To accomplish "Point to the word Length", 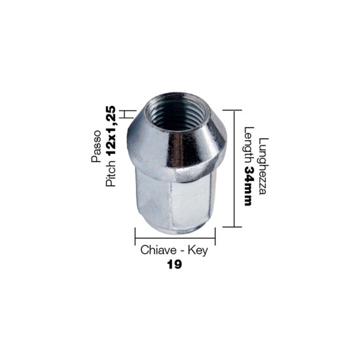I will tap(248, 145).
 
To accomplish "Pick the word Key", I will tap(198, 250).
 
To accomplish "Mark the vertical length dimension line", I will tap(233, 168).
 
